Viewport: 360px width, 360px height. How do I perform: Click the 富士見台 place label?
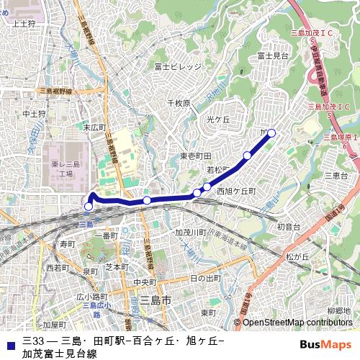point(273,55)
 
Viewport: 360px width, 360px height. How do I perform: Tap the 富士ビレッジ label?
point(178,66)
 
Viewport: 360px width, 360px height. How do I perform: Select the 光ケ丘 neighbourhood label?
point(217,118)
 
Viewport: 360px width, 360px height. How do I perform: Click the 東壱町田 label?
point(195,156)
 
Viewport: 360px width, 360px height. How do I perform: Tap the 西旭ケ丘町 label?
point(236,191)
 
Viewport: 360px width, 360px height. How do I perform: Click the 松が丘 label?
point(297,256)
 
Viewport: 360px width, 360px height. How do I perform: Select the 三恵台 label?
point(336,176)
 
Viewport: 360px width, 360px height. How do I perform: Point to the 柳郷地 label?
point(338,311)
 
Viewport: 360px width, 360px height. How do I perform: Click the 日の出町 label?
point(205,278)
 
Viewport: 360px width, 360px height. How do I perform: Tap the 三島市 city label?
point(154,300)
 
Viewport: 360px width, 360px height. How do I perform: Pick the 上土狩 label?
point(24,24)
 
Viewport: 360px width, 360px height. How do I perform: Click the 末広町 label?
point(94,127)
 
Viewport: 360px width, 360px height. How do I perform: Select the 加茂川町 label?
point(191,233)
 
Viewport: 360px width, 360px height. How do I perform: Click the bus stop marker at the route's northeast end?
point(271,132)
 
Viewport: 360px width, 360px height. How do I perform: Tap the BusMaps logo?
point(325,344)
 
